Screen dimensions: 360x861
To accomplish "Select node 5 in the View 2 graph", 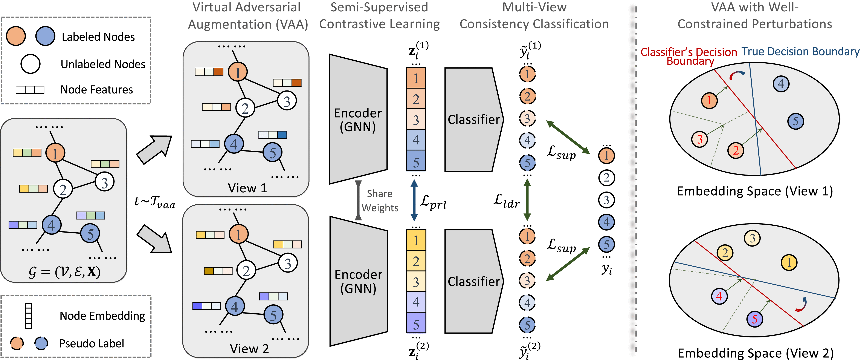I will [x=273, y=315].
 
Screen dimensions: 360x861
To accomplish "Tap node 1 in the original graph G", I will [x=55, y=153].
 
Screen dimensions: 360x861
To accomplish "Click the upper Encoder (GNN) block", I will [x=358, y=119].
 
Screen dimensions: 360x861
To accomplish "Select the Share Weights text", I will [x=380, y=201].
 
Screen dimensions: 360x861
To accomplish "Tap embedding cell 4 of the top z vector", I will [x=416, y=140].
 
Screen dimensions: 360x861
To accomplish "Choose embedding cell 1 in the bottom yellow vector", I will [x=416, y=240].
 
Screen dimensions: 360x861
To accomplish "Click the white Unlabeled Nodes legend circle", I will [x=31, y=64].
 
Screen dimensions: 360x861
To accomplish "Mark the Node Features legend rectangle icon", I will [x=30, y=90].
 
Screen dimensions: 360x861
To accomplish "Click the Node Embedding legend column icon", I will [x=29, y=316].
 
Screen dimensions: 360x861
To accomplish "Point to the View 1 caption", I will [x=247, y=188].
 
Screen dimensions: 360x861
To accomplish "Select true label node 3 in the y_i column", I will [x=606, y=200].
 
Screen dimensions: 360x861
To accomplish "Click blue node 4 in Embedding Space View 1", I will [x=781, y=84].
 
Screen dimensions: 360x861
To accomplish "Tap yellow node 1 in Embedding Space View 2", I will [x=789, y=262].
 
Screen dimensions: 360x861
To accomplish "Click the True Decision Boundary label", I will [x=800, y=52].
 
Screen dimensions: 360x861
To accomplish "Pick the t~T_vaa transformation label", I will [x=154, y=202].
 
